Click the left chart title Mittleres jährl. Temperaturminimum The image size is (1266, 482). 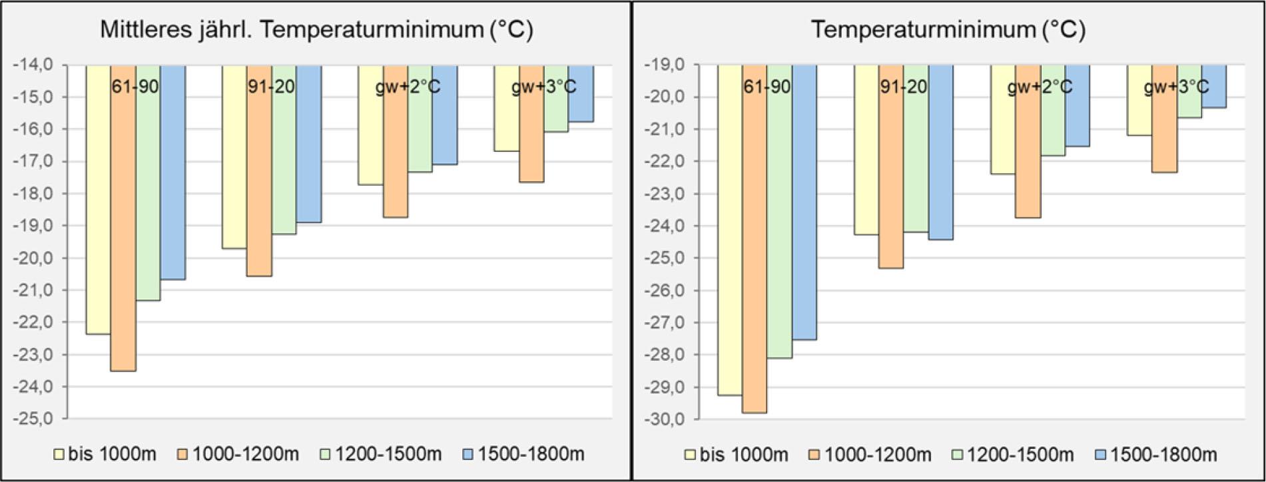316,29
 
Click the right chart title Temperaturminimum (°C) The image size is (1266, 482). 948,29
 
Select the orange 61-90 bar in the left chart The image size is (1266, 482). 123,220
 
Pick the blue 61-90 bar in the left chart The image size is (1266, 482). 172,173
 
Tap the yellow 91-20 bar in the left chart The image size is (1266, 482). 234,160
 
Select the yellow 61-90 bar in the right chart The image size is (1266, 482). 730,233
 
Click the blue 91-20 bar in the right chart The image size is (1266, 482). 940,153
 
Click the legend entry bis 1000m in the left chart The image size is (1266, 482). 107,454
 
